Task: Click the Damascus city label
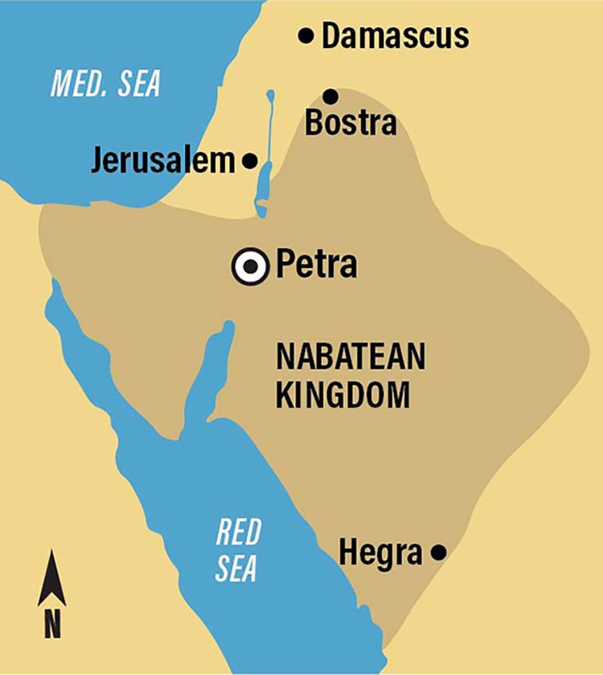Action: (395, 36)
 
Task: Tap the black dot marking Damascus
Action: (305, 36)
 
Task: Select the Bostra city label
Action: (350, 123)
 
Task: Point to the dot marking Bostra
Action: (331, 97)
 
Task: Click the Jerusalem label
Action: (163, 161)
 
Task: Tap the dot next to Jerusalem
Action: (250, 160)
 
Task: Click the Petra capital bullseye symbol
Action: (251, 266)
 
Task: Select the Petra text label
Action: (317, 265)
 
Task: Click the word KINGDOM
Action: (343, 397)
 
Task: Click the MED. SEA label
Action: (106, 85)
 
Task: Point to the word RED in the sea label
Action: (238, 532)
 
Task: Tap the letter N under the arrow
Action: (52, 624)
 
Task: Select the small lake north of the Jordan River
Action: (269, 97)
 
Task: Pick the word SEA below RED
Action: (236, 569)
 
